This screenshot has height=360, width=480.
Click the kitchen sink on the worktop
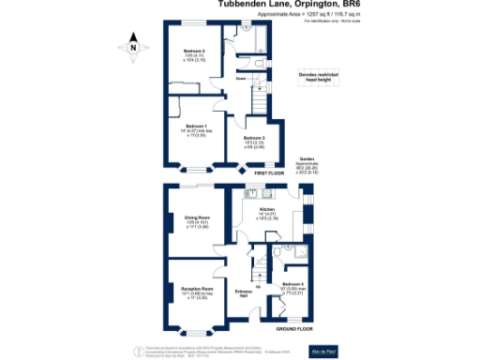coord(251,194)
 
